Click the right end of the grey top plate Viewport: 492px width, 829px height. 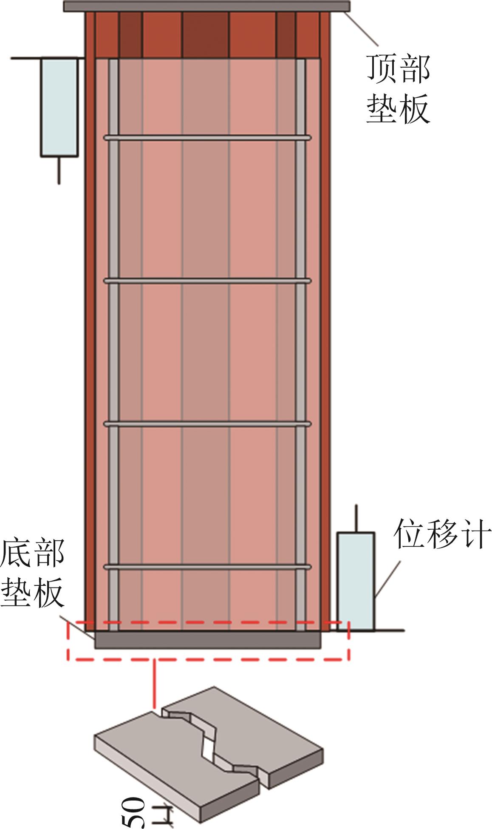click(x=350, y=6)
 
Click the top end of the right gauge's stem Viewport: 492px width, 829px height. click(x=356, y=505)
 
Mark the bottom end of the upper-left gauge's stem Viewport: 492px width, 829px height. click(x=59, y=184)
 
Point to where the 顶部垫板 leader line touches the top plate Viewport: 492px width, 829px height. click(x=345, y=12)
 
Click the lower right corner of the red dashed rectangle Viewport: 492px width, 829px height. click(x=349, y=660)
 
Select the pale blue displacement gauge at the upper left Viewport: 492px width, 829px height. click(x=59, y=107)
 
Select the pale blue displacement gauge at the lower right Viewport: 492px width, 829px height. click(x=356, y=581)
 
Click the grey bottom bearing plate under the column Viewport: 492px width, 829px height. click(x=208, y=640)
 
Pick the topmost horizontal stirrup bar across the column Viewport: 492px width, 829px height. click(x=207, y=138)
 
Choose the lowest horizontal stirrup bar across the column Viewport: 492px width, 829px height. click(x=207, y=567)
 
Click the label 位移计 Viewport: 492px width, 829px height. click(x=442, y=534)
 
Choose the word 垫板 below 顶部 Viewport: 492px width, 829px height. click(x=399, y=108)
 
